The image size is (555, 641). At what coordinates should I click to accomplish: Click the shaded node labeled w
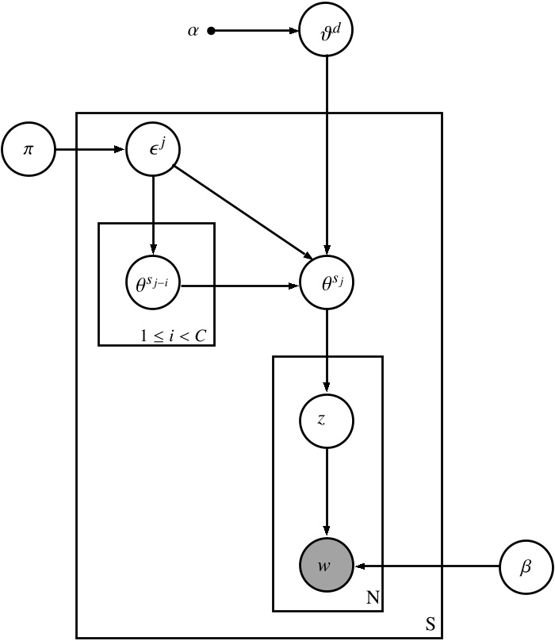tap(326, 566)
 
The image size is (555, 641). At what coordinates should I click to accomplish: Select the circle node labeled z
tap(326, 420)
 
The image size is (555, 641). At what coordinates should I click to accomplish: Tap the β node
tap(526, 566)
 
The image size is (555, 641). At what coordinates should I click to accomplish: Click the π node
tap(28, 149)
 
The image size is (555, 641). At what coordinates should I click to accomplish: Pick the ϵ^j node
tap(153, 149)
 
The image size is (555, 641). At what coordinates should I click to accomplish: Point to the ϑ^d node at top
tap(326, 32)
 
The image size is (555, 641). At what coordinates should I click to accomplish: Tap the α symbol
tap(193, 32)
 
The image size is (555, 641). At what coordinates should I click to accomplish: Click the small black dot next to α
tap(211, 32)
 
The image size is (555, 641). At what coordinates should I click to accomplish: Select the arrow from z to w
tap(326, 492)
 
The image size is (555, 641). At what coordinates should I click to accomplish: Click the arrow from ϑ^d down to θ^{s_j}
tap(326, 159)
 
